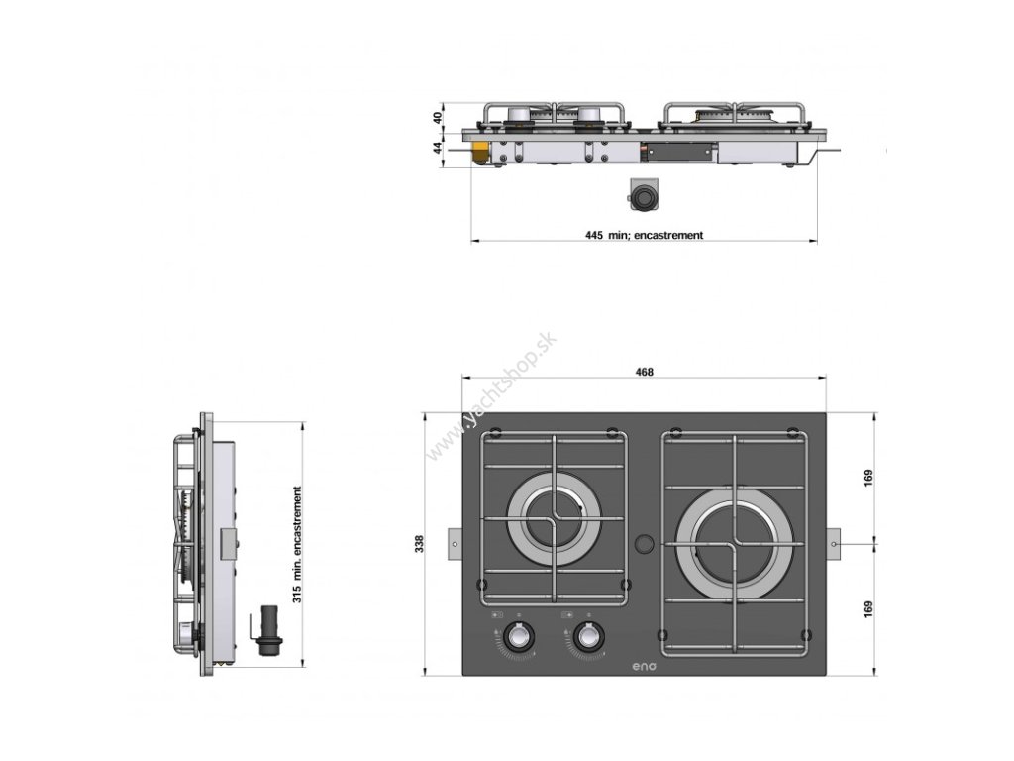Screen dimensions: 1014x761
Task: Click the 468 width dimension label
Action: (644, 372)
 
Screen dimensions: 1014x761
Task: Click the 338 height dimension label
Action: (419, 543)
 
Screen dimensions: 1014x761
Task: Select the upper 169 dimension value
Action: (867, 477)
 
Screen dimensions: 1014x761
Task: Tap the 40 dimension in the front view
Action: (438, 116)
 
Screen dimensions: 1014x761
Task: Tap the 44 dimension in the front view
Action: (438, 148)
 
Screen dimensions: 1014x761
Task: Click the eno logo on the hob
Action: (644, 666)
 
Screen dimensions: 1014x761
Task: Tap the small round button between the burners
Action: (645, 543)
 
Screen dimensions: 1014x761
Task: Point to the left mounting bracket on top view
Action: (455, 543)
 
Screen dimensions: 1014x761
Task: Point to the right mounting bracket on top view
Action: (835, 543)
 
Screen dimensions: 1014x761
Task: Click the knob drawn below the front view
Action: (644, 195)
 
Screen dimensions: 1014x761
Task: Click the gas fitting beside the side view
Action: (265, 631)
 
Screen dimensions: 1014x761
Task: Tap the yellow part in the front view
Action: (480, 153)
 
